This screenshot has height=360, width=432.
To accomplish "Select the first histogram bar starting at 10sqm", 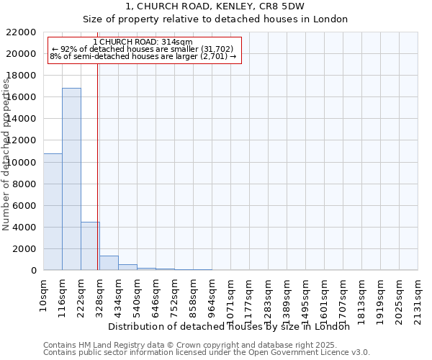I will click(53, 212).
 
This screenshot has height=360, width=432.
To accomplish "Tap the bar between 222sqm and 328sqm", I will click(90, 246).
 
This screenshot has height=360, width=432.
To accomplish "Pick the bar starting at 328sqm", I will click(109, 263).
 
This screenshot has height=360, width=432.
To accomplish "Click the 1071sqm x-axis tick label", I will click(231, 297).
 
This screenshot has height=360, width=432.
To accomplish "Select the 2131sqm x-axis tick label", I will click(418, 297).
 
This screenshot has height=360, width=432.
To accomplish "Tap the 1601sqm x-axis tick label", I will click(325, 297).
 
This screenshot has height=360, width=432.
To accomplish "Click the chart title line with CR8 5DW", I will click(215, 6).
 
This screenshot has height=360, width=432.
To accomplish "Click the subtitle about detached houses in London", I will click(215, 19).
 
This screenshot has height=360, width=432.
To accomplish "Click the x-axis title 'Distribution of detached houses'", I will click(229, 326).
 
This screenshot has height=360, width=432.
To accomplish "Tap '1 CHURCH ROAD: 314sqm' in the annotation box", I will click(143, 42).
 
